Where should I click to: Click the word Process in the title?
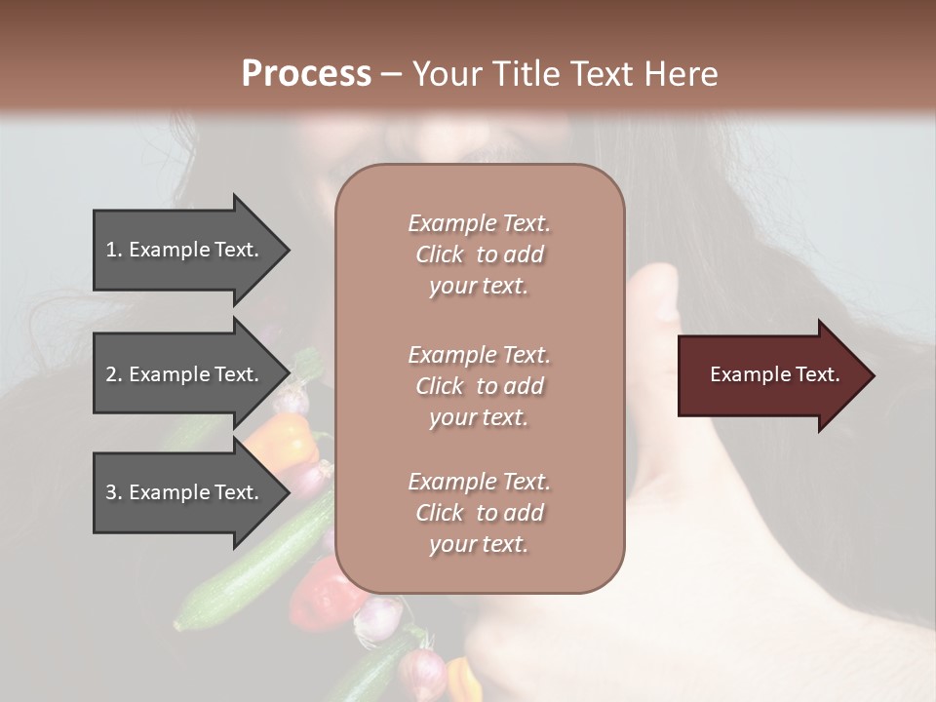[x=306, y=74]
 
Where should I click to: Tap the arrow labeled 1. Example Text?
[x=185, y=250]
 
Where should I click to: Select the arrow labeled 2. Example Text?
[x=185, y=374]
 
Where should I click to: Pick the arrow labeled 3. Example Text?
[x=185, y=492]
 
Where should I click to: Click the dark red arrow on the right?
[x=770, y=375]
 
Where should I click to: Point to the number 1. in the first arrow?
[x=114, y=250]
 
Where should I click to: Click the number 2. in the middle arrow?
[x=114, y=374]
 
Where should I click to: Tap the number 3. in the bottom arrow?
[x=114, y=492]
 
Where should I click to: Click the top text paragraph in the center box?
[x=479, y=254]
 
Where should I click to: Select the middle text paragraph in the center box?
[x=479, y=386]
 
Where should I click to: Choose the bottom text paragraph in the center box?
[x=479, y=513]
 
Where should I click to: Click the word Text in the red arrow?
[x=818, y=374]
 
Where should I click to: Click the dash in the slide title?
[x=391, y=75]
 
